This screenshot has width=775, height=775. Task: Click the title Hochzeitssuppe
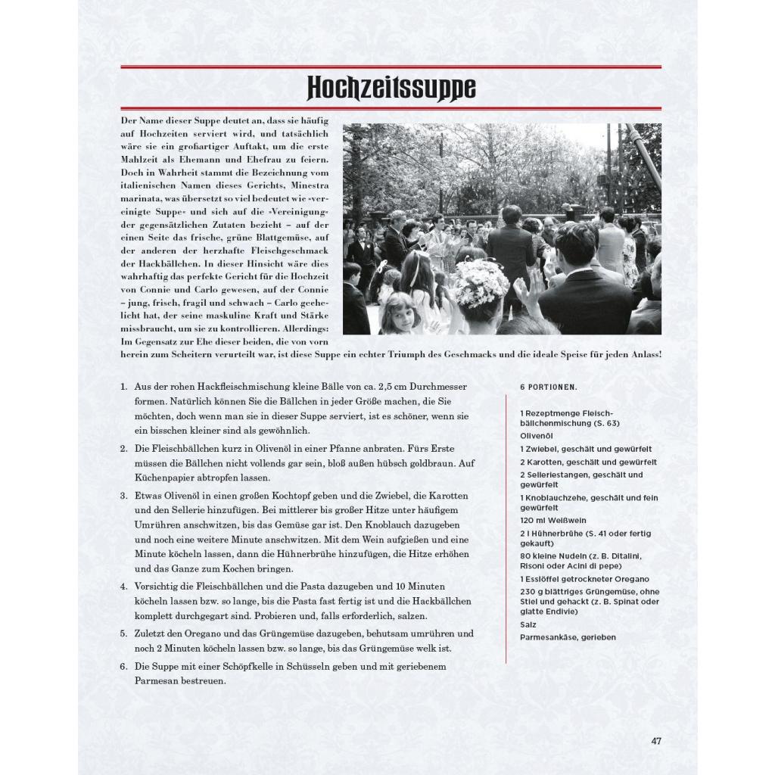[391, 89]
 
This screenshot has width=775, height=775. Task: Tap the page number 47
[656, 741]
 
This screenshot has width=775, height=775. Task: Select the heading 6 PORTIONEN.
[548, 387]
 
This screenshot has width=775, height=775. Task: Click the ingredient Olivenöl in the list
[537, 436]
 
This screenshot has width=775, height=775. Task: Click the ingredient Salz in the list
[528, 624]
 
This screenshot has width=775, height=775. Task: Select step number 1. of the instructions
[123, 387]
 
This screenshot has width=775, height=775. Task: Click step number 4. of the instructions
[123, 587]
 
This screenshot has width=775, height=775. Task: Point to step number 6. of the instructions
[123, 666]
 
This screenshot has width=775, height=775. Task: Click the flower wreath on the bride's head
[481, 283]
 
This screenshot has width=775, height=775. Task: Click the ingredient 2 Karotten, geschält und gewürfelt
[588, 462]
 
